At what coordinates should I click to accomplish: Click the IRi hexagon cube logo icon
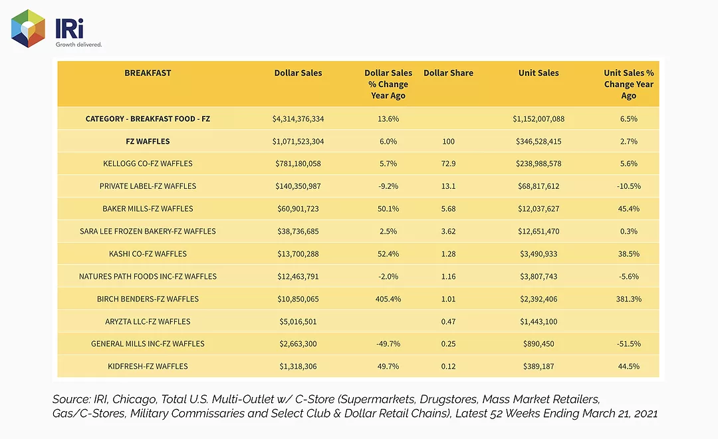pyautogui.click(x=28, y=29)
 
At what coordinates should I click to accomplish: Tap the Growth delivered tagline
pyautogui.click(x=78, y=45)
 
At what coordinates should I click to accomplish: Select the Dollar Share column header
pyautogui.click(x=448, y=73)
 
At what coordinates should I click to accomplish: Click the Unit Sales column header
pyautogui.click(x=538, y=73)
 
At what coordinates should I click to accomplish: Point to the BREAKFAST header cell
pyautogui.click(x=148, y=73)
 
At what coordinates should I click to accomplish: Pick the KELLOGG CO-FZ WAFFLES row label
pyautogui.click(x=148, y=164)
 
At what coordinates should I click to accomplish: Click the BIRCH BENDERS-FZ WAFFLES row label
pyautogui.click(x=148, y=299)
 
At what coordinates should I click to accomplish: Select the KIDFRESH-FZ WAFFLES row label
pyautogui.click(x=148, y=366)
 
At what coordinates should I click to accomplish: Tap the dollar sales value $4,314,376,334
pyautogui.click(x=298, y=118)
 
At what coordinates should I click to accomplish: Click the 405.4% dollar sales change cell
pyautogui.click(x=388, y=299)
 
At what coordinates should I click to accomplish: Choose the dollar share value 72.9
pyautogui.click(x=448, y=164)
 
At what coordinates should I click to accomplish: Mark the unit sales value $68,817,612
pyautogui.click(x=538, y=186)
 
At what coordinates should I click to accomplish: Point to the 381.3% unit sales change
pyautogui.click(x=629, y=299)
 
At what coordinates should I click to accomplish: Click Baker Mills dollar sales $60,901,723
pyautogui.click(x=298, y=208)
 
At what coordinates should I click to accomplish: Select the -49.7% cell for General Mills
pyautogui.click(x=388, y=344)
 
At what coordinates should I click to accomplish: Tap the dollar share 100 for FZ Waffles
pyautogui.click(x=448, y=141)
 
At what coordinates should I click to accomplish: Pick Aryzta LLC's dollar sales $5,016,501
pyautogui.click(x=298, y=321)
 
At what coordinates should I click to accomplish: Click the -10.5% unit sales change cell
pyautogui.click(x=629, y=186)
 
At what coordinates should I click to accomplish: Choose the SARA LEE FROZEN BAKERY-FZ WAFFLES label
pyautogui.click(x=148, y=231)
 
